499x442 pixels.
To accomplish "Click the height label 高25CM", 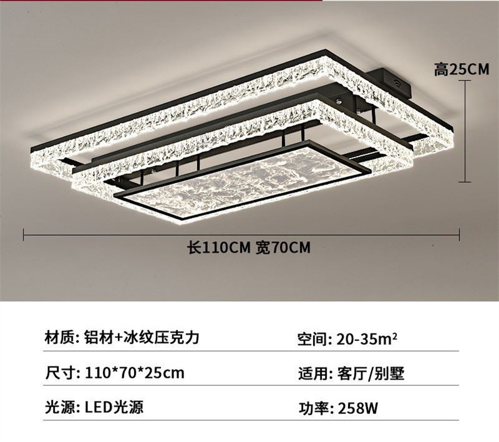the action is click(x=462, y=70).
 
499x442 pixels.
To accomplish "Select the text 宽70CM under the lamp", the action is click(x=283, y=248).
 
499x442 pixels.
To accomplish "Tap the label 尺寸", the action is click(x=61, y=373).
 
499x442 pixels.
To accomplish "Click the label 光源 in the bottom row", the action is click(x=61, y=408).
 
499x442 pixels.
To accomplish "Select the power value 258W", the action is click(x=357, y=409).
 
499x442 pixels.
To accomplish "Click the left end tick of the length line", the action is click(x=24, y=234).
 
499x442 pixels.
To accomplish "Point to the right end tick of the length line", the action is click(x=459, y=234).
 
